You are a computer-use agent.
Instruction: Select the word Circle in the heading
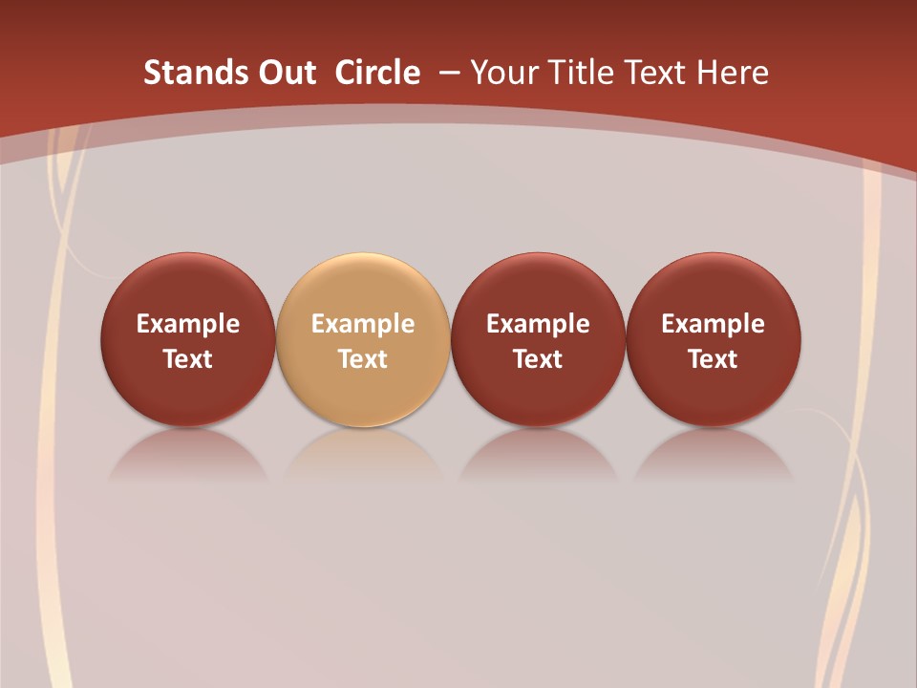click(x=377, y=73)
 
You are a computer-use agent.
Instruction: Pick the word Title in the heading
click(x=581, y=73)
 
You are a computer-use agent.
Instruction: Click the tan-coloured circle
click(x=363, y=287)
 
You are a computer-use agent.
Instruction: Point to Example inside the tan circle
click(x=363, y=324)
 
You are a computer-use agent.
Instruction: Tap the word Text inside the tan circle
click(x=363, y=359)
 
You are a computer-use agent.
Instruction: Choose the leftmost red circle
click(x=188, y=287)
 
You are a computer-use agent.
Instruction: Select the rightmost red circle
click(x=714, y=287)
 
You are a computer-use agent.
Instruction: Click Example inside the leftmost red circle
click(x=188, y=324)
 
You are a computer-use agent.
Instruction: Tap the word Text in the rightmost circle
click(x=714, y=359)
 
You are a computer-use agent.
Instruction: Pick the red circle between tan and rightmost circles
click(x=538, y=287)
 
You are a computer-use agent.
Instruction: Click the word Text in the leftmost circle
click(x=188, y=359)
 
